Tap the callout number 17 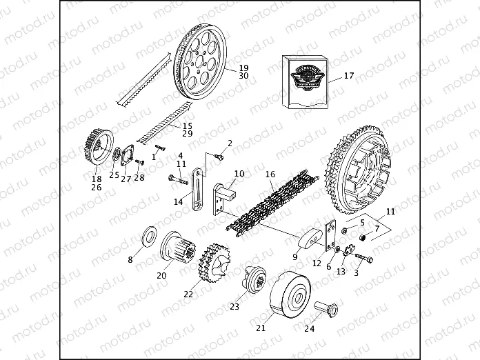pyautogui.click(x=348, y=76)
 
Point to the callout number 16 pyautogui.click(x=270, y=175)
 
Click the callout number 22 pyautogui.click(x=188, y=294)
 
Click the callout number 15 pyautogui.click(x=188, y=126)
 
